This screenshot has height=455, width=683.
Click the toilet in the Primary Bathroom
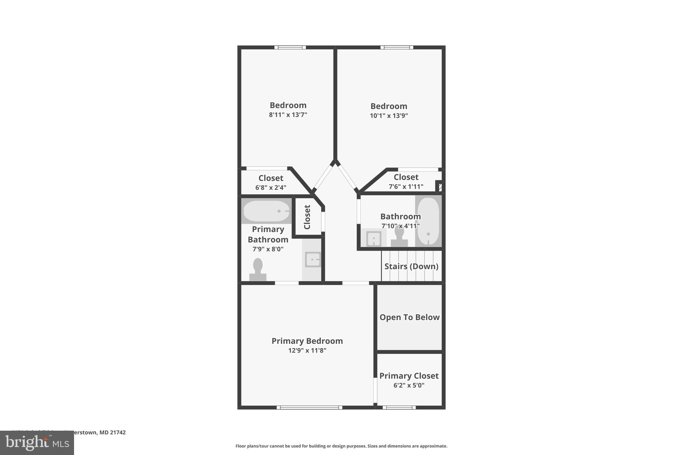(x=258, y=269)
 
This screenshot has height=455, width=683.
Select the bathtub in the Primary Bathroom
(x=266, y=211)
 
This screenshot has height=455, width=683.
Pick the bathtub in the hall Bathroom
(x=428, y=221)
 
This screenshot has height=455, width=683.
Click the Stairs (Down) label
(x=411, y=266)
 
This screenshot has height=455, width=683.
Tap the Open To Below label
(x=410, y=317)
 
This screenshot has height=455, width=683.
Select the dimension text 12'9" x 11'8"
(x=307, y=350)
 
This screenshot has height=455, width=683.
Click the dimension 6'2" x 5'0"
(x=409, y=385)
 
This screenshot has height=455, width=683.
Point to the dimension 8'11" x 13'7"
(x=288, y=115)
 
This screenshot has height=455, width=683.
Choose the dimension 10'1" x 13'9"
(x=389, y=116)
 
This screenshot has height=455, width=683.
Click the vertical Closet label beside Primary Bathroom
(x=307, y=217)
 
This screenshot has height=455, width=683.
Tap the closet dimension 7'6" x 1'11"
(x=406, y=187)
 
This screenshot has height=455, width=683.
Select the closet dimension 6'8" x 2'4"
(x=271, y=188)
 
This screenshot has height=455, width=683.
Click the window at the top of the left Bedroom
(x=290, y=47)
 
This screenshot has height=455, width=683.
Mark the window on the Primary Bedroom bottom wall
(x=309, y=407)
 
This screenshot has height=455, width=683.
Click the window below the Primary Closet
(x=399, y=407)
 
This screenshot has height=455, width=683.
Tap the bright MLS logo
(x=37, y=443)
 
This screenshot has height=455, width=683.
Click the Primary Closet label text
(x=409, y=376)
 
